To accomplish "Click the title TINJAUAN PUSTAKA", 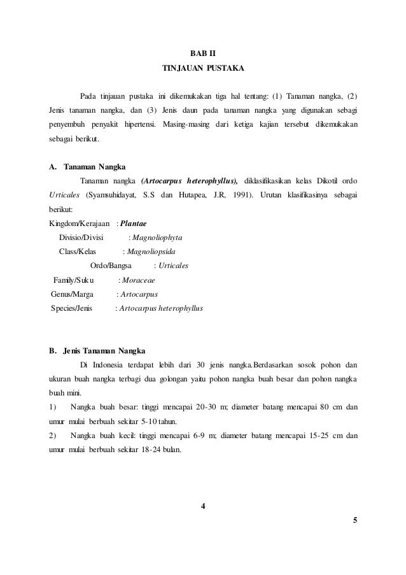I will tap(203, 67).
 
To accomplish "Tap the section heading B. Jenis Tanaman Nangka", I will tap(97, 351).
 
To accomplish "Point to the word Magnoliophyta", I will tap(157, 238).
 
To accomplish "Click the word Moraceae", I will tap(140, 280).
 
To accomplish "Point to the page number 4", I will tap(202, 507).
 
